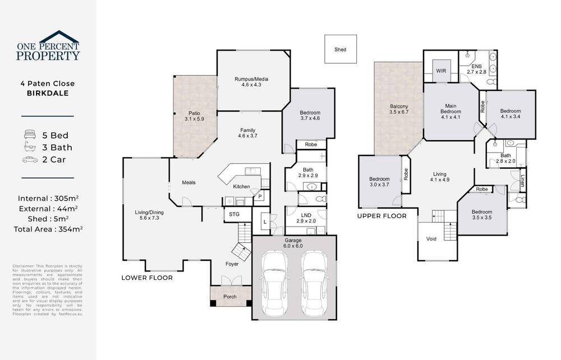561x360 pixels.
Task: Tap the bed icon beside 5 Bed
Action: tap(30, 135)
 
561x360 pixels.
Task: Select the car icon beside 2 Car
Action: tap(30, 159)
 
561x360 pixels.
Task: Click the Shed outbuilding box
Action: tap(340, 49)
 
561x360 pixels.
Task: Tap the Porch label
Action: tap(229, 297)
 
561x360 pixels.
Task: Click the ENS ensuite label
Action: tap(476, 66)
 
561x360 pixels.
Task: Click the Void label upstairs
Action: tap(431, 239)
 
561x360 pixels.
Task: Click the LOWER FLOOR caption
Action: tap(147, 278)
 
